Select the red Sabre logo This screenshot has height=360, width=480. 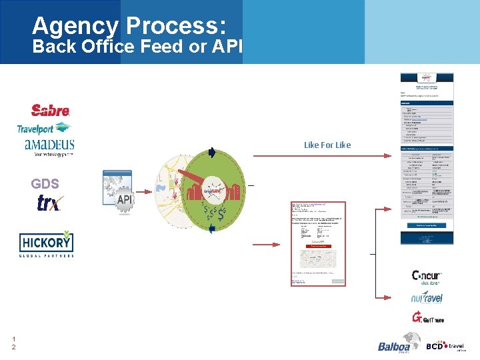(50, 110)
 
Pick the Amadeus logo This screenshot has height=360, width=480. (49, 146)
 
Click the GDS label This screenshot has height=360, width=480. (45, 184)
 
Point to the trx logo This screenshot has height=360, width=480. (48, 203)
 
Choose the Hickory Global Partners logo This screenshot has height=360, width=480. (46, 245)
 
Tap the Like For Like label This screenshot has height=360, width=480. (327, 145)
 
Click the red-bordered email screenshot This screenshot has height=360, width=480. (318, 243)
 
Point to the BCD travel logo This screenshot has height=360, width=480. (445, 346)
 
